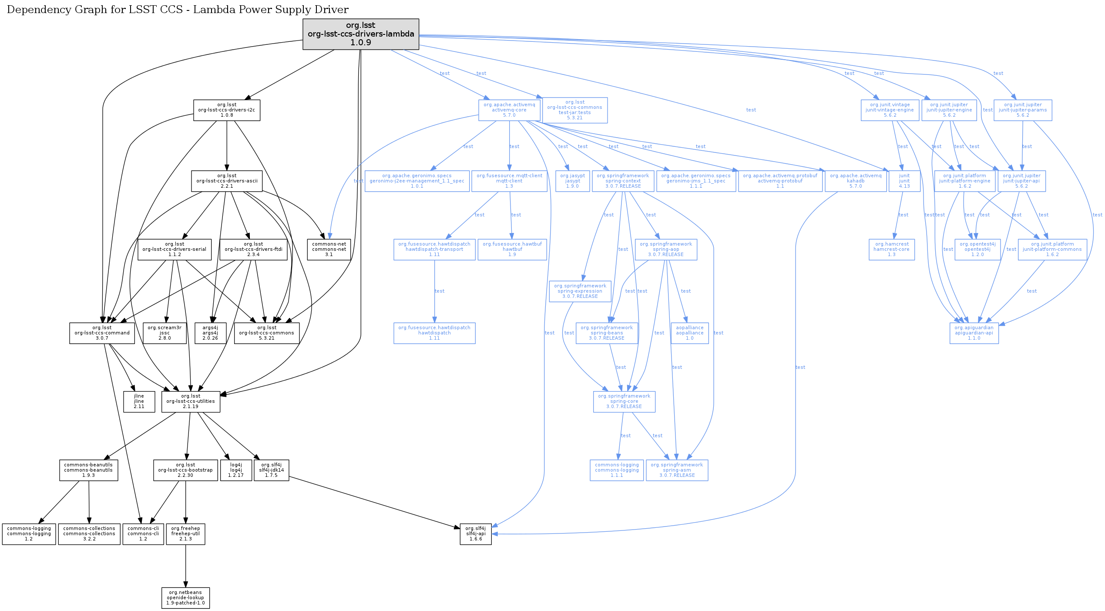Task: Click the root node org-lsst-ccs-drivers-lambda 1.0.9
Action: (361, 34)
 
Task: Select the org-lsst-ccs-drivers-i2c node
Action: (227, 110)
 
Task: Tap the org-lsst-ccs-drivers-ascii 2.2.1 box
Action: (227, 181)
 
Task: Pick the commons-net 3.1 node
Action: (329, 250)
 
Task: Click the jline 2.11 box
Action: (139, 402)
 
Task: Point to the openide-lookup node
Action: (185, 598)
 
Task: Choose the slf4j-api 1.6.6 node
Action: (476, 534)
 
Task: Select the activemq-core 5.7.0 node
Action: (509, 110)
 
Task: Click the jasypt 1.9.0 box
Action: (572, 181)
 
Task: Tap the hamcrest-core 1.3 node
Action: (891, 250)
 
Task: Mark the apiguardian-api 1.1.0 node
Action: (974, 333)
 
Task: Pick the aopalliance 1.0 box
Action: (689, 333)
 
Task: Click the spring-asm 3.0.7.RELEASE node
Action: (677, 470)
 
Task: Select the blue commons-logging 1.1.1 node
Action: (617, 470)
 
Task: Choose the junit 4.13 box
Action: (904, 181)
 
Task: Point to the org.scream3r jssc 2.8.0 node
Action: (165, 333)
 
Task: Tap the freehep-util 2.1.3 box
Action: (185, 534)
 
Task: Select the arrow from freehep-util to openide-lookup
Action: (186, 566)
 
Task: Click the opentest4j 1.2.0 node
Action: (977, 250)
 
